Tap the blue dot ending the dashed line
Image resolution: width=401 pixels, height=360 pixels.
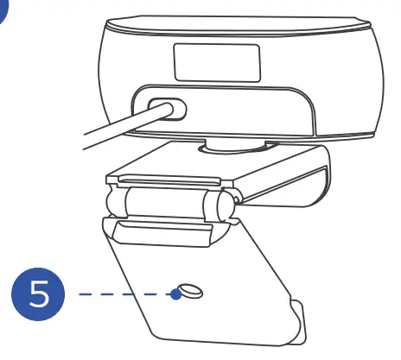pyautogui.click(x=175, y=294)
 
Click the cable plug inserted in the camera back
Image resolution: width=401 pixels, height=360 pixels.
pyautogui.click(x=165, y=110)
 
